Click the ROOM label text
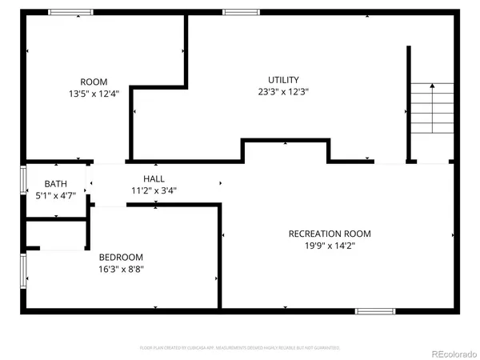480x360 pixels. pos(94,82)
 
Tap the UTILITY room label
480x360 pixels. pos(283,79)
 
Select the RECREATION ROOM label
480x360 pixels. pos(330,234)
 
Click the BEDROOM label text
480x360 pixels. pos(121,257)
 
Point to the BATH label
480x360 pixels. pos(55,183)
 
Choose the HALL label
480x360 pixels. pos(154,178)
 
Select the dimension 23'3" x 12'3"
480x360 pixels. pos(283,92)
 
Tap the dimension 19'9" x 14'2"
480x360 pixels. pos(330,246)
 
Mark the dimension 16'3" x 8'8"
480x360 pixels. pos(121,270)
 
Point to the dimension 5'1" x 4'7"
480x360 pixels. pos(55,195)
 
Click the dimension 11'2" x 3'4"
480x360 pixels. pos(154,190)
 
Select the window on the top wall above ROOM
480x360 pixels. pos(70,12)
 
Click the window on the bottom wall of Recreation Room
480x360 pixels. pos(375,310)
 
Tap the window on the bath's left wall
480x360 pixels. pos(23,180)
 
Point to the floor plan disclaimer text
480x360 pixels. pos(240,348)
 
